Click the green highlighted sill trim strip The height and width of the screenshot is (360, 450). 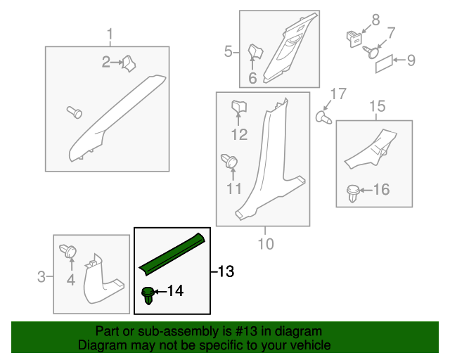172,255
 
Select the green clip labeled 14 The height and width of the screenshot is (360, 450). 148,295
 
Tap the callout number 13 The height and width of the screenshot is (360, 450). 226,271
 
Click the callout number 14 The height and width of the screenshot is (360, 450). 175,291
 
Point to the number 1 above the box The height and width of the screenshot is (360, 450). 110,34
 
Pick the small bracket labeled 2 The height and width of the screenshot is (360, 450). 129,63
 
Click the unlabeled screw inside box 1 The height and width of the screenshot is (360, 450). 75,112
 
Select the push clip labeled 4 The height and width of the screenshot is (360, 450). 68,251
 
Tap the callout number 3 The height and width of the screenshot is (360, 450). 41,277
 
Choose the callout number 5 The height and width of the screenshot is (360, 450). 228,51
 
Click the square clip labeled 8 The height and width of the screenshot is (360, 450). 354,39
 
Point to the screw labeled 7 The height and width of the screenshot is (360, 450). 371,52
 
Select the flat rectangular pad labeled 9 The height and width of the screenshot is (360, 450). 385,63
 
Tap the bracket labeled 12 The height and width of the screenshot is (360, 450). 239,106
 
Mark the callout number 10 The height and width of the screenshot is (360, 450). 266,244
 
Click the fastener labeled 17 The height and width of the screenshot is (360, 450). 323,117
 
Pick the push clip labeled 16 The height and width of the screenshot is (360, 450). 353,193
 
